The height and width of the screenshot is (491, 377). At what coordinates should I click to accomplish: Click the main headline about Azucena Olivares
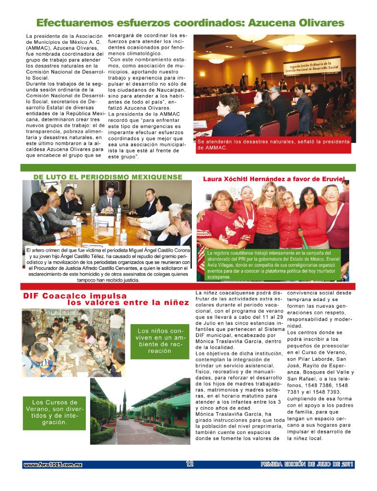point(190,23)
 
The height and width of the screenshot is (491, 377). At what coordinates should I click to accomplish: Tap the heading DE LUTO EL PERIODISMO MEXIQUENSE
point(107,177)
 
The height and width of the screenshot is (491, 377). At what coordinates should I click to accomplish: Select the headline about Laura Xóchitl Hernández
point(274,178)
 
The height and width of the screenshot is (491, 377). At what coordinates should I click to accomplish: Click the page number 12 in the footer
point(189,464)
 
